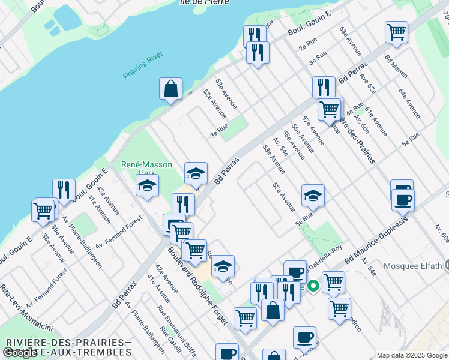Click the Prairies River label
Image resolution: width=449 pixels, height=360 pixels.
143,66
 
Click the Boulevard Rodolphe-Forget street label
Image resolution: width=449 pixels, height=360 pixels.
198,286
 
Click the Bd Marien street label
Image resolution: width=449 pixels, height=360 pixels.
396,66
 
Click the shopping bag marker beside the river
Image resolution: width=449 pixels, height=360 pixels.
170,89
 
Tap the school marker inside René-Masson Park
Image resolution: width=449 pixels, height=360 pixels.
147,185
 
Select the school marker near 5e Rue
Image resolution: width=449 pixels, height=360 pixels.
312,195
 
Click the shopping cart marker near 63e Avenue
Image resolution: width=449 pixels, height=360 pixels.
396,32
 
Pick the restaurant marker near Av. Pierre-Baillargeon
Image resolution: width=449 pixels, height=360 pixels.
64,190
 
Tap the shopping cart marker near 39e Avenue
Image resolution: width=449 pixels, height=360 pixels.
43,211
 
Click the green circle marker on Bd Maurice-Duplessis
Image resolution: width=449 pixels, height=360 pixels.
312,287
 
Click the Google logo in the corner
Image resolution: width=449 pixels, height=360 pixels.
20,353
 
